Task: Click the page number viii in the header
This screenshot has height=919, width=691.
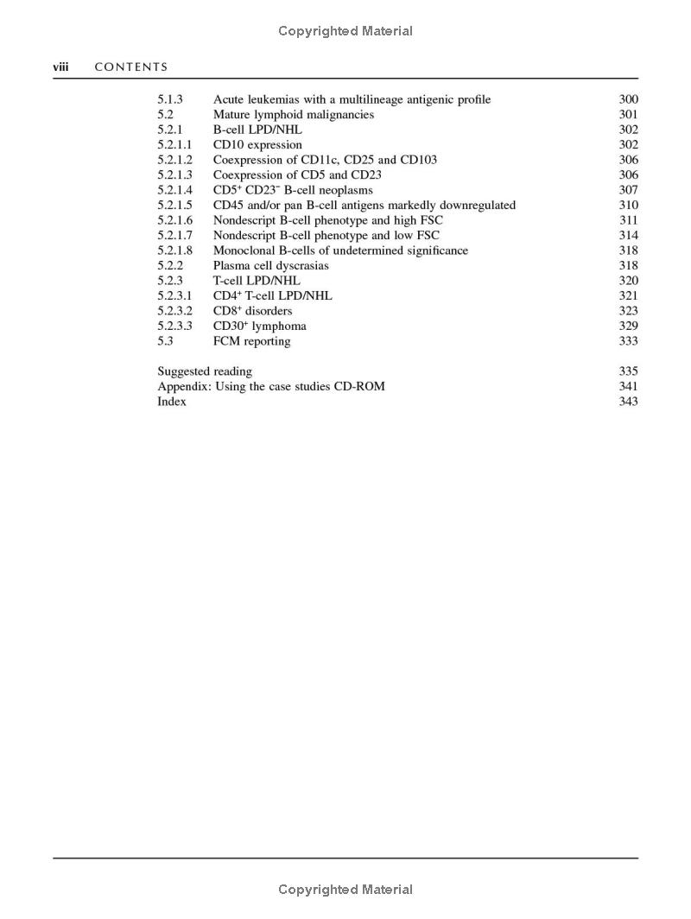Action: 60,67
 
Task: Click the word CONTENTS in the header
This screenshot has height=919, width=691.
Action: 131,67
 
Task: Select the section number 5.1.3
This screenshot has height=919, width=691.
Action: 170,99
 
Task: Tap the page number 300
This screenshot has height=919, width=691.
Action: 628,99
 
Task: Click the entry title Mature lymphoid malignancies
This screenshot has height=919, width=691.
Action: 294,115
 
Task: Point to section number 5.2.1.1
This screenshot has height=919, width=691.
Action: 174,145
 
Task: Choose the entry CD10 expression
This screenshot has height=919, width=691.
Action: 257,145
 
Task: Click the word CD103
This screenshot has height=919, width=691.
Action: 418,160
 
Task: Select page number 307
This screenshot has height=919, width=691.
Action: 628,190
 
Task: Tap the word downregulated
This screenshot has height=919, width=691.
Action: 474,206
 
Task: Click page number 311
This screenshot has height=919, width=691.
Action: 628,220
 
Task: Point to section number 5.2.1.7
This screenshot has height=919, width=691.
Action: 174,236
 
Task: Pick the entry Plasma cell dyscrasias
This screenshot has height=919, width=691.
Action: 270,266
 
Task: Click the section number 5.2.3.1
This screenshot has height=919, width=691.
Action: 174,296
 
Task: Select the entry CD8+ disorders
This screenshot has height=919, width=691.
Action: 252,311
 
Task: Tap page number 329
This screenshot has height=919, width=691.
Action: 628,326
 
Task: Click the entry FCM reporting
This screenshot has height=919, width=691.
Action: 251,341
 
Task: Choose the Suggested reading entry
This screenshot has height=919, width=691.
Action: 205,371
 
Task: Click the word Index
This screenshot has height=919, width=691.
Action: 171,402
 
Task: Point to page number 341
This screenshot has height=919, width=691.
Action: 628,386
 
